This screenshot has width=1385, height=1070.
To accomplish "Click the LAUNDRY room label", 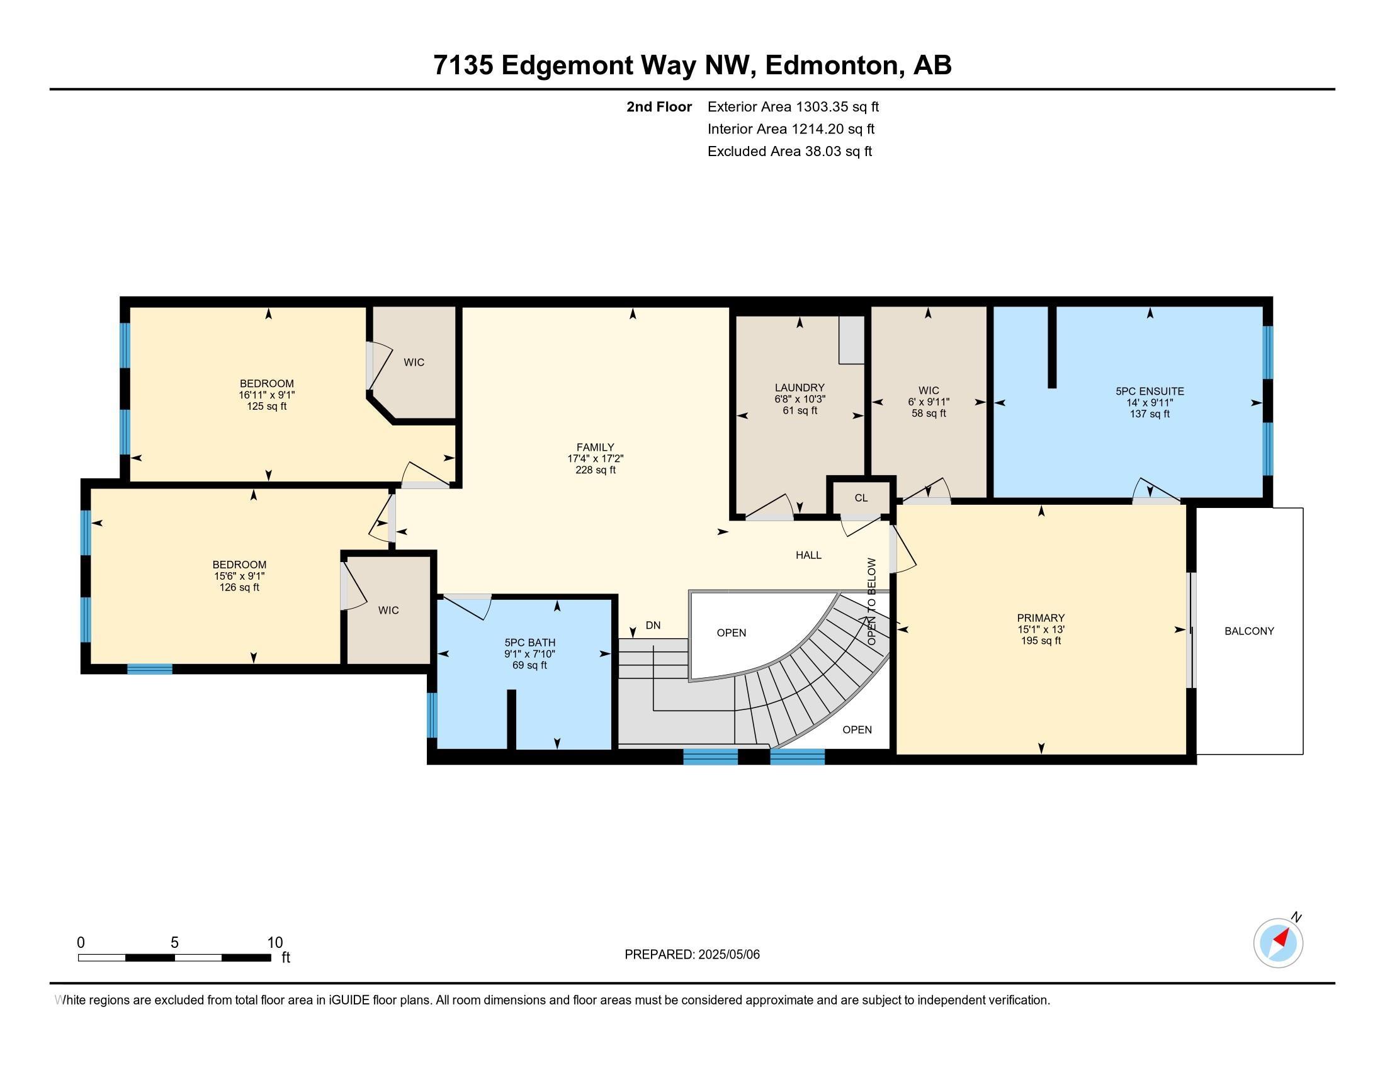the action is point(799,387).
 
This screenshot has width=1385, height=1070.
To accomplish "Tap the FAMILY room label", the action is point(595,447).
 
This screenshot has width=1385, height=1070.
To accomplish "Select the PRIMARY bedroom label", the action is point(1041,617).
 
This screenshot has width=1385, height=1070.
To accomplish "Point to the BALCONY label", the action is point(1249,631).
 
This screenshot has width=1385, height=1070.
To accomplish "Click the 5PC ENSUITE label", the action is point(1150,391).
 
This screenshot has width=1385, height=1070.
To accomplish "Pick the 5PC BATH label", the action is point(529,642).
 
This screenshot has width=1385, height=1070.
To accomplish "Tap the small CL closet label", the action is point(861,498).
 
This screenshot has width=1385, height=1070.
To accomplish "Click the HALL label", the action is point(808,555).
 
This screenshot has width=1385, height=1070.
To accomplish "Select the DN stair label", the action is point(653,625).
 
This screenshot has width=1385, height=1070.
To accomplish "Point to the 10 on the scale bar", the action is point(274,942).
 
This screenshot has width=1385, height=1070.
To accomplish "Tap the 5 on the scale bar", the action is point(174,942).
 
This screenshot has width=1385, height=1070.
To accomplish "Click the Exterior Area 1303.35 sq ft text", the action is point(793,106).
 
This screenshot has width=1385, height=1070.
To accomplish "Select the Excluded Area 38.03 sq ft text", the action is point(789,151).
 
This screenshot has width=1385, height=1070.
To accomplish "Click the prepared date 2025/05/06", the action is point(728,954).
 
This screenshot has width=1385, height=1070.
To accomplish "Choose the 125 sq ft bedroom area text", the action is point(266,406).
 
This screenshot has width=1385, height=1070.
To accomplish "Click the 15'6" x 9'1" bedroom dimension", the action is point(239,575).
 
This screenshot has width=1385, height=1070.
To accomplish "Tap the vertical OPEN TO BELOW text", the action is point(872,602).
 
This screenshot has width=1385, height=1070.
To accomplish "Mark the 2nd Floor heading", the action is point(659,106).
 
